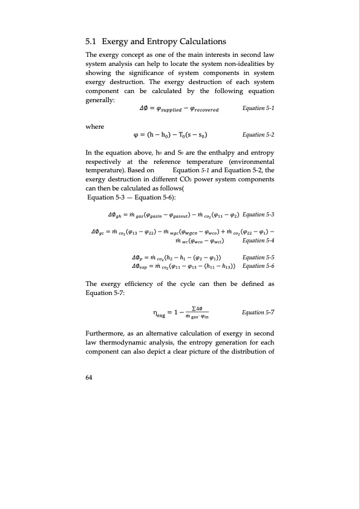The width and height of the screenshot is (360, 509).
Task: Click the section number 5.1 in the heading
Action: click(x=92, y=42)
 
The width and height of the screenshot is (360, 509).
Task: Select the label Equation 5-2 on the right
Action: click(x=258, y=135)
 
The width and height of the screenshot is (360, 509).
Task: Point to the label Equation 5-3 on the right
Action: click(x=258, y=215)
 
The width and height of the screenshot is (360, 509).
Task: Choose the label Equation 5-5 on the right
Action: click(x=258, y=256)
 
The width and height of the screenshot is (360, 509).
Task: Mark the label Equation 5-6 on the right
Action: click(x=258, y=266)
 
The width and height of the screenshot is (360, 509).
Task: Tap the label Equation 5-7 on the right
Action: click(x=258, y=313)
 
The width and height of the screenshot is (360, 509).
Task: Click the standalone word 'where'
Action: click(x=96, y=126)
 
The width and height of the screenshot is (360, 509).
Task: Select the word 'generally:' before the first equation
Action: click(x=101, y=100)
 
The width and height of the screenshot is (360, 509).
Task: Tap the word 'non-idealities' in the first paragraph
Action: click(x=241, y=63)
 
